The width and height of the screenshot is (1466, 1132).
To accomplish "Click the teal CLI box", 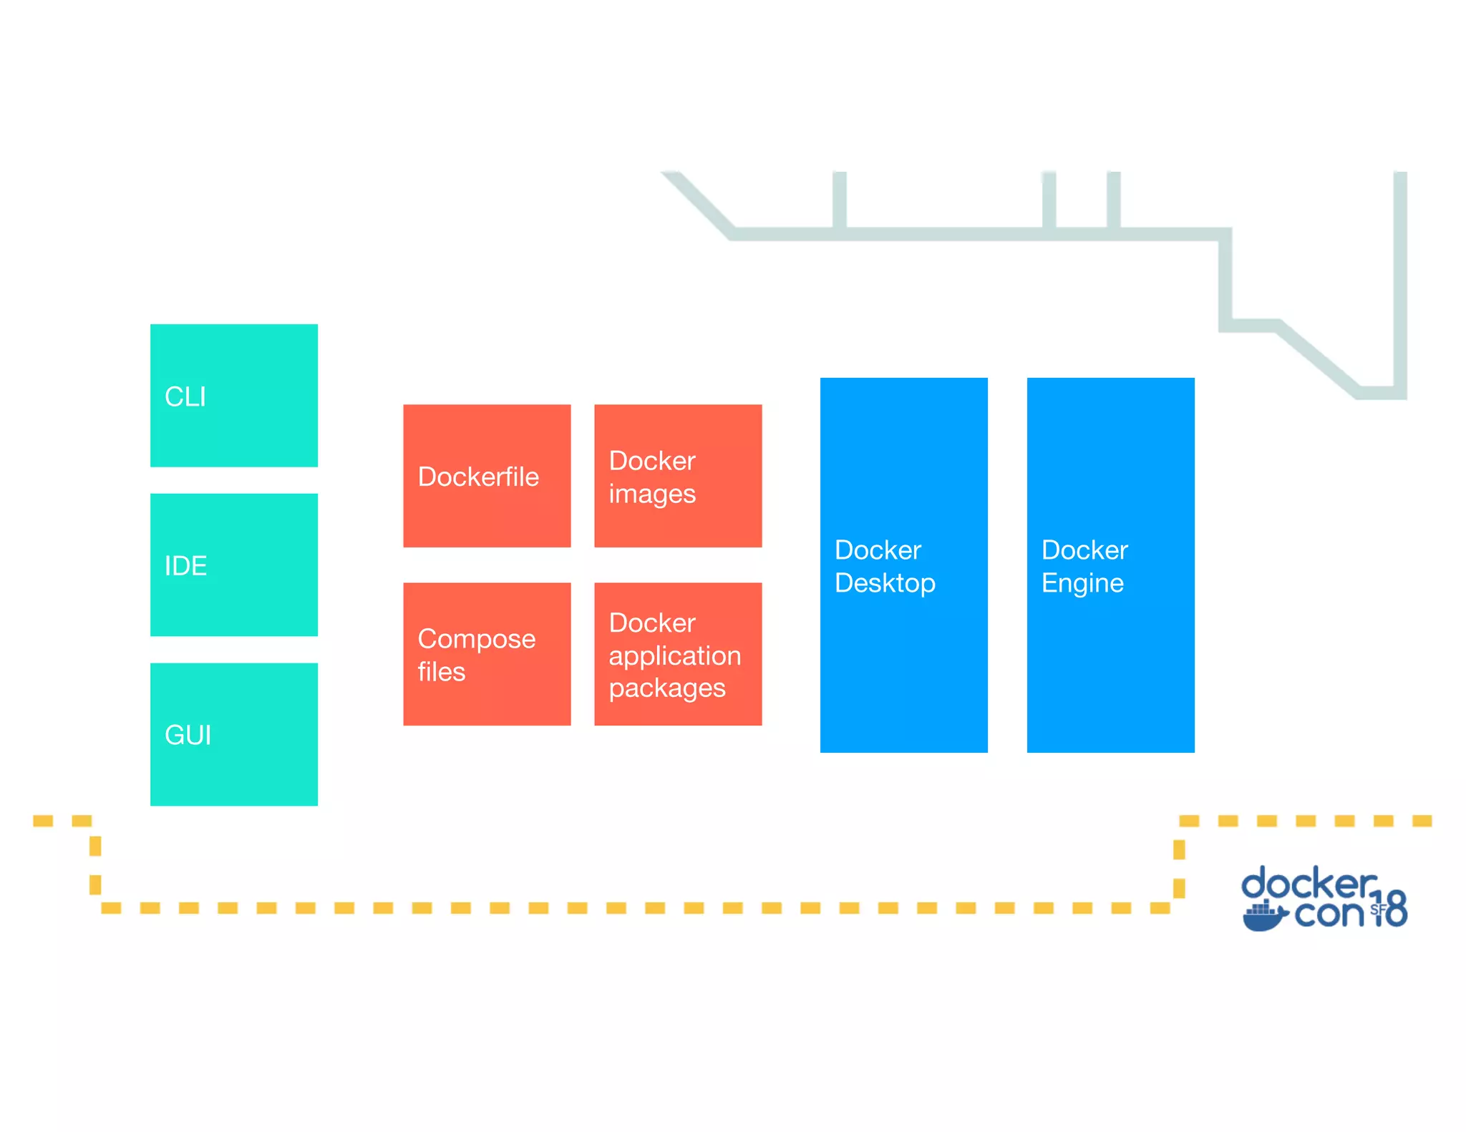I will point(233,396).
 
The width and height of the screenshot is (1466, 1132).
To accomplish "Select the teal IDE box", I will point(233,565).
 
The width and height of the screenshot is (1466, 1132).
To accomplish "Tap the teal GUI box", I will point(233,734).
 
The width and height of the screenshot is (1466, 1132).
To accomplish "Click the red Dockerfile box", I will point(487,476).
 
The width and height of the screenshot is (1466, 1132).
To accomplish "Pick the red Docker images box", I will point(677,476).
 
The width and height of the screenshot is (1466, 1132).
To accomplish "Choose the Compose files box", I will point(487,654).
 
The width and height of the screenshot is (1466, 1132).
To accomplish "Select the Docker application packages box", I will point(677,654).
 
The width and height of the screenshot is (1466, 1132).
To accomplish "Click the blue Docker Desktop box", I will point(903,565).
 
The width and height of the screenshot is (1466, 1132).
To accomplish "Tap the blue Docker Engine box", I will point(1110,565).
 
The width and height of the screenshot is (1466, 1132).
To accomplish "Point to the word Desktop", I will point(885,583).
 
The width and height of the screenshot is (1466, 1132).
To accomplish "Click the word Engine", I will point(1082,583).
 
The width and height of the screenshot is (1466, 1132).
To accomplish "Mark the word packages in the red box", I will point(667,688).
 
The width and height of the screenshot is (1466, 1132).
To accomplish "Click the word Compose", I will point(477,639).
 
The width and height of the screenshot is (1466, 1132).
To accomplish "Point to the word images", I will point(652,494).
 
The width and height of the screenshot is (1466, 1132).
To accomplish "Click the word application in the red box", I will point(674,656).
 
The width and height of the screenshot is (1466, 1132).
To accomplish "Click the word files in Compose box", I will point(442,672).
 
